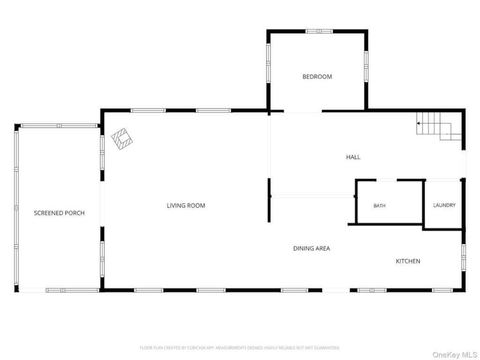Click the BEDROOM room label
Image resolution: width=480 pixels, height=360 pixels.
pyautogui.click(x=317, y=76)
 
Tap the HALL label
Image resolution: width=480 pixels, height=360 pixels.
pyautogui.click(x=353, y=157)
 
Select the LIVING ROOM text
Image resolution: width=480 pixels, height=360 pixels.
pyautogui.click(x=186, y=206)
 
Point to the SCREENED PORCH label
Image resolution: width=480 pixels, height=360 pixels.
pyautogui.click(x=59, y=213)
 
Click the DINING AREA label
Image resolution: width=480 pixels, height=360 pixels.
pyautogui.click(x=312, y=248)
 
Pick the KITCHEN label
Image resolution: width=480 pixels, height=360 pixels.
pyautogui.click(x=408, y=261)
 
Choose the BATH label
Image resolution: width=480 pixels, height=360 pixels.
pyautogui.click(x=379, y=206)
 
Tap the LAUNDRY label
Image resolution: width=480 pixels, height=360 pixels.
pyautogui.click(x=444, y=205)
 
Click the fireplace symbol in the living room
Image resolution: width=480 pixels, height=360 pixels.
pyautogui.click(x=122, y=139)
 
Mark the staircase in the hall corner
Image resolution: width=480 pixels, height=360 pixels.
pyautogui.click(x=439, y=126)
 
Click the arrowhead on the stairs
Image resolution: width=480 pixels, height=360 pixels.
pyautogui.click(x=418, y=123)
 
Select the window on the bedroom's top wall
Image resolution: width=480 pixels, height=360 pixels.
pyautogui.click(x=319, y=31)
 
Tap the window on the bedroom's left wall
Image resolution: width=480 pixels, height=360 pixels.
pyautogui.click(x=269, y=63)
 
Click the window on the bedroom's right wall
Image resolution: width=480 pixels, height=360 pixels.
pyautogui.click(x=366, y=67)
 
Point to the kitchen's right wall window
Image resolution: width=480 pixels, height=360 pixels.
pyautogui.click(x=464, y=257)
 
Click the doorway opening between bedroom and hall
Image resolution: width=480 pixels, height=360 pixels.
pyautogui.click(x=303, y=111)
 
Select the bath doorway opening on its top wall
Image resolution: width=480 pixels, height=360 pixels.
pyautogui.click(x=386, y=180)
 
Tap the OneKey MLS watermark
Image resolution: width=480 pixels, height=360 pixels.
pyautogui.click(x=455, y=355)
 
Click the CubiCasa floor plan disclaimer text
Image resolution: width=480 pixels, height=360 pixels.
pyautogui.click(x=240, y=348)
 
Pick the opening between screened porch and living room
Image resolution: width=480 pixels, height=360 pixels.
pyautogui.click(x=102, y=204)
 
